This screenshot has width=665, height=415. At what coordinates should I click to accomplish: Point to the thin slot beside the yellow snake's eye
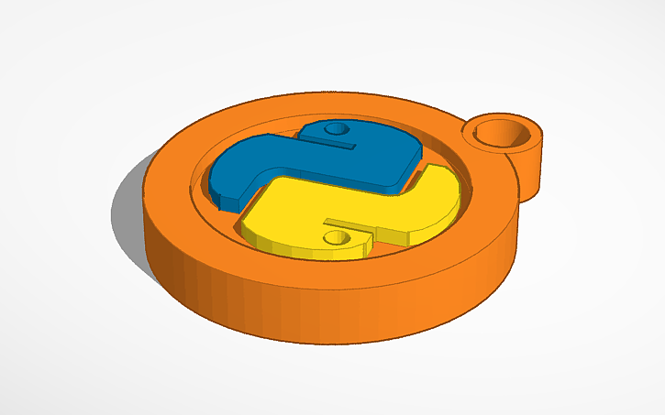[x=341, y=223]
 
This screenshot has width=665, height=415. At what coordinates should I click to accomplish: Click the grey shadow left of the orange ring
[x=128, y=211]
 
